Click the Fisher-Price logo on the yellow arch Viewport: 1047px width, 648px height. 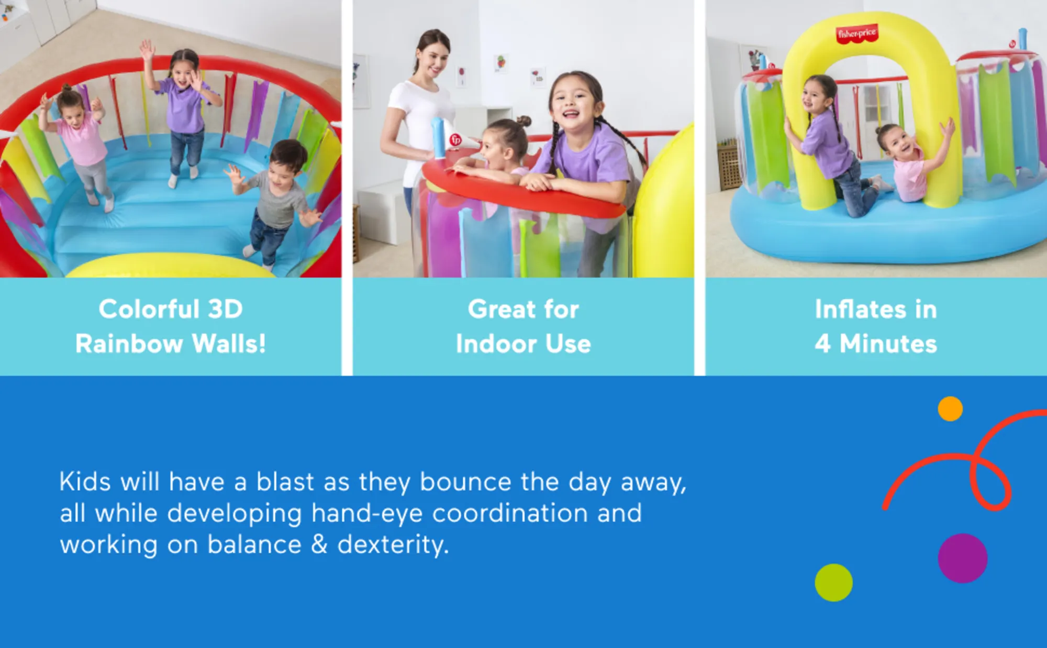point(856,34)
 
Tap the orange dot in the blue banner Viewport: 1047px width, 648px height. point(950,409)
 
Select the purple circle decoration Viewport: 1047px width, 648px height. point(963,558)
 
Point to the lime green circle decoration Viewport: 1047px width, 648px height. point(833,583)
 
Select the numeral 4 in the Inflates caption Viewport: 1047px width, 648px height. point(822,344)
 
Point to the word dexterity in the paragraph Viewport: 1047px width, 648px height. point(393,545)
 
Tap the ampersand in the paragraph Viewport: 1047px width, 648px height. point(319,545)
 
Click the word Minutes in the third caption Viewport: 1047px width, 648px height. point(888,344)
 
